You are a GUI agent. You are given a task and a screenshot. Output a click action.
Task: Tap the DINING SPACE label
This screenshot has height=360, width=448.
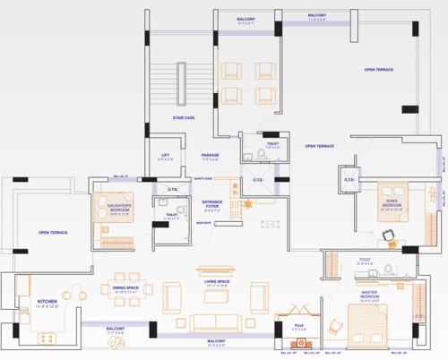[125, 287]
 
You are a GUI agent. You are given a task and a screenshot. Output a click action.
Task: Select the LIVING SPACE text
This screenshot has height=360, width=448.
[217, 282]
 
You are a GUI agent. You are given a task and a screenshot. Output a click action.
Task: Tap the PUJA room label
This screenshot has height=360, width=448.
[289, 324]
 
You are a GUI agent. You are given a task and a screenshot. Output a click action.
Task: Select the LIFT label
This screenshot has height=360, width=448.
[166, 155]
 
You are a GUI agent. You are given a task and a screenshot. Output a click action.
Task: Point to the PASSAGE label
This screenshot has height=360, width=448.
[211, 155]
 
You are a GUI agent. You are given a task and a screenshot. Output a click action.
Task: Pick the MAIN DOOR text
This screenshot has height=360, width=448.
[202, 222]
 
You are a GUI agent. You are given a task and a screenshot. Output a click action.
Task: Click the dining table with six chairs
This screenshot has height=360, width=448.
[131, 269]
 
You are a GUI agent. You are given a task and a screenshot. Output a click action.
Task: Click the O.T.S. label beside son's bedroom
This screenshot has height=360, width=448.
[349, 179]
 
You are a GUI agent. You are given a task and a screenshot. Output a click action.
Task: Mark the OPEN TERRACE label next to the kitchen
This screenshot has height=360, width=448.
[53, 233]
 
